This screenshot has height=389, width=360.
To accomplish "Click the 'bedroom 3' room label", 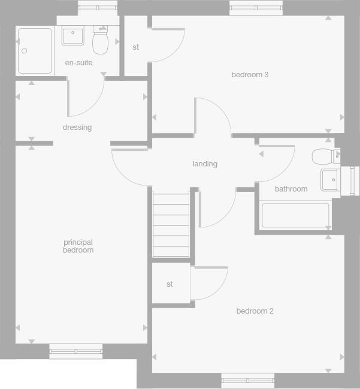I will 250,75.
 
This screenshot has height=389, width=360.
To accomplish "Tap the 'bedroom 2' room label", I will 255,311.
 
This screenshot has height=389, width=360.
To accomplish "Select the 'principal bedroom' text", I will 78,246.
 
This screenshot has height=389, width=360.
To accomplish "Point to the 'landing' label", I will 205,164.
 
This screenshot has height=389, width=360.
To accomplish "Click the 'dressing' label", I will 77,127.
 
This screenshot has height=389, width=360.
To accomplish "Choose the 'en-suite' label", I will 78,63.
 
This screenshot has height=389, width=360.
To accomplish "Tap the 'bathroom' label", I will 291,189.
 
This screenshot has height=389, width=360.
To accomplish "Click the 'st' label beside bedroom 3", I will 136,47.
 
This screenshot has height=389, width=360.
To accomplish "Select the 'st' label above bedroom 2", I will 170,284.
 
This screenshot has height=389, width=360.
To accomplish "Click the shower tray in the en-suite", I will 35,51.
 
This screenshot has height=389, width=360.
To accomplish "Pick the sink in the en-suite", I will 73,35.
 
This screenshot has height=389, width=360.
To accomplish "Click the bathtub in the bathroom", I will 295,215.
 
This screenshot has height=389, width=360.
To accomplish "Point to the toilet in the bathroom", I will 322,157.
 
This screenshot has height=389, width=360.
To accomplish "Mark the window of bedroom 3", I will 256,8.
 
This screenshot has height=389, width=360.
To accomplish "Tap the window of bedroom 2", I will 248,379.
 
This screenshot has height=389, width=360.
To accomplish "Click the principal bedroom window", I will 76,351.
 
